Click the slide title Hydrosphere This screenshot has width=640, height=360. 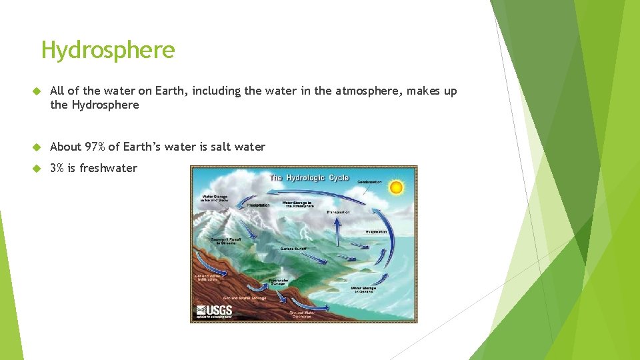[x=108, y=50]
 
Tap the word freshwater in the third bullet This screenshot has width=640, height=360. [x=108, y=168]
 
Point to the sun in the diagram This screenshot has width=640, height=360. [x=396, y=187]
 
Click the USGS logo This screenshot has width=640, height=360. [x=214, y=311]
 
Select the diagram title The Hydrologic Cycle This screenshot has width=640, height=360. [x=309, y=177]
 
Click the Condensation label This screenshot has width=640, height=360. [x=369, y=182]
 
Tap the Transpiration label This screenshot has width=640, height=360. [x=338, y=212]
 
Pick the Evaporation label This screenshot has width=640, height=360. [x=376, y=232]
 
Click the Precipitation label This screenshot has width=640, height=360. [x=258, y=205]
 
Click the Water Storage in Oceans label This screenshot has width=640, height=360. [x=363, y=290]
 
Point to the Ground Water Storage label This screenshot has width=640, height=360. [x=244, y=298]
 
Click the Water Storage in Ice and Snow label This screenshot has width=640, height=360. [x=214, y=198]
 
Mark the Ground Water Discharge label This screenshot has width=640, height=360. [x=301, y=314]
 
